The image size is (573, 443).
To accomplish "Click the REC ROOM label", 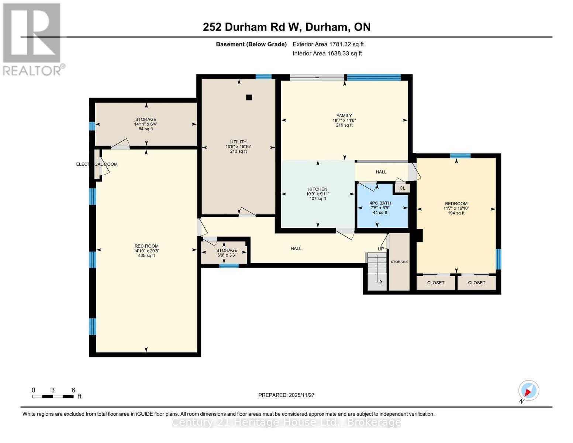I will [x=146, y=246].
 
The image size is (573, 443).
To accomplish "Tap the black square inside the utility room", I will [x=249, y=97].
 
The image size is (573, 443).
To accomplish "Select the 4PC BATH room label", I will [x=380, y=203].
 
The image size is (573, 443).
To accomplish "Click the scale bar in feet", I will [x=53, y=396].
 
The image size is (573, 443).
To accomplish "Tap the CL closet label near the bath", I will [x=402, y=188].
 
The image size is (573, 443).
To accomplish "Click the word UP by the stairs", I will [x=381, y=249].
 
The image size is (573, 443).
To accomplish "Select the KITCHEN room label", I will [x=318, y=189].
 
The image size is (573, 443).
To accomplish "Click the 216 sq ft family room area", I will [x=344, y=125].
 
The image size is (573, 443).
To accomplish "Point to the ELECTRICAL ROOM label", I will [x=97, y=164].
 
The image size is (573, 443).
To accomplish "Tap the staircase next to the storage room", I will [x=377, y=271].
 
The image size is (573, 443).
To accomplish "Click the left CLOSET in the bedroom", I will [x=436, y=283].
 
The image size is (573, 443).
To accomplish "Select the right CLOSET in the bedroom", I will [x=477, y=283].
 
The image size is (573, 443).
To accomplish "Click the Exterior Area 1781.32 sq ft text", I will [x=328, y=44].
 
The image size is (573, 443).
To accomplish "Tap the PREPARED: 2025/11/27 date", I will [x=286, y=395].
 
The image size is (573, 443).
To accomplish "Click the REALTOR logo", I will [x=32, y=39].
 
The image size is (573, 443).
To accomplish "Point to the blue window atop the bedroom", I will [x=460, y=155].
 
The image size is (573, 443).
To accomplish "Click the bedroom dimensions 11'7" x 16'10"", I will [x=456, y=208].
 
